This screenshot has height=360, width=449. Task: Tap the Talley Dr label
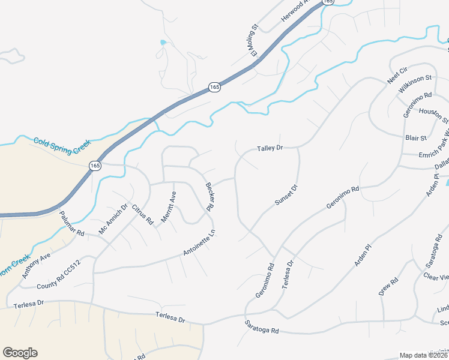[x=270, y=148]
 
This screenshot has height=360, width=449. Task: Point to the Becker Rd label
[x=209, y=197]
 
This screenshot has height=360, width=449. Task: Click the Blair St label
[x=416, y=138]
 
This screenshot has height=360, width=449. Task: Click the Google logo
[x=20, y=353]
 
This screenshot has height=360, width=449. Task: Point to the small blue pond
[x=163, y=43]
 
